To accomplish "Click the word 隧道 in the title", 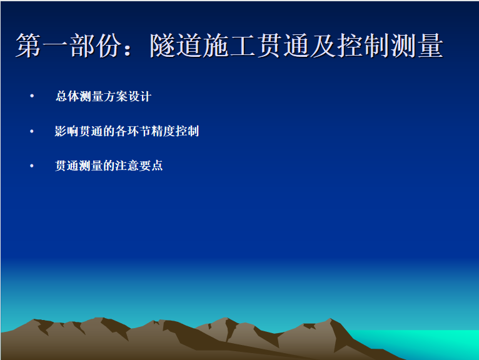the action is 176,46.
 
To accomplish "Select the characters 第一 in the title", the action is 41,46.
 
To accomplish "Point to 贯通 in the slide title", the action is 283,46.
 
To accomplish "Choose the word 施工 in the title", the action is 229,46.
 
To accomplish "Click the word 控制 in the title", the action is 363,46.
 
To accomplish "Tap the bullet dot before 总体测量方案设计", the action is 32,96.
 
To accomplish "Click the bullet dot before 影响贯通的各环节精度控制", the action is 32,131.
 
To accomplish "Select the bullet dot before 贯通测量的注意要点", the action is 32,166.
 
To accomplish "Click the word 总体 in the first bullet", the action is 67,96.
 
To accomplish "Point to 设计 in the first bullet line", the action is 139,96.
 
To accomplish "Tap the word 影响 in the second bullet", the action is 67,131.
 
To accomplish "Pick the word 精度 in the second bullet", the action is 163,131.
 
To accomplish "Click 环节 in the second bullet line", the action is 139,131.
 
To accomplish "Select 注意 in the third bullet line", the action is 127,166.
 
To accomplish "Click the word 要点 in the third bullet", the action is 151,166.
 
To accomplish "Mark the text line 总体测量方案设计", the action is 103,96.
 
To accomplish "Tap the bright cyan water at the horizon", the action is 428,341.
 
